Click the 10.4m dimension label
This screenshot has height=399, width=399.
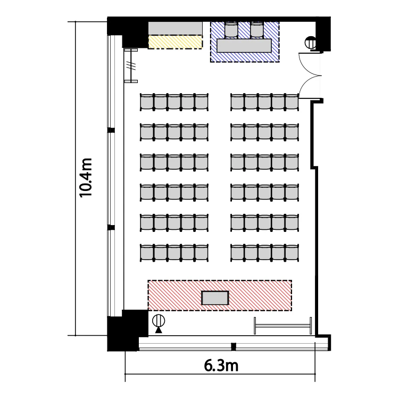(x=85, y=178)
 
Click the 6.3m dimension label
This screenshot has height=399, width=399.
(x=221, y=365)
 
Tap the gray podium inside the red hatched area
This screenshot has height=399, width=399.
(x=215, y=298)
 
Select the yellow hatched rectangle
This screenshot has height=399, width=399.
(x=175, y=42)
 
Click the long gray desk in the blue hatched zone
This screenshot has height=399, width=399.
(x=244, y=46)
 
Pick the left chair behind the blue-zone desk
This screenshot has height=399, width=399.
(x=231, y=30)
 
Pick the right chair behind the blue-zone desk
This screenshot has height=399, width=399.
(x=257, y=30)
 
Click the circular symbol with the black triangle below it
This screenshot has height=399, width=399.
(x=159, y=323)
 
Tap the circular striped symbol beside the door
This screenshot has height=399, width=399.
(x=311, y=43)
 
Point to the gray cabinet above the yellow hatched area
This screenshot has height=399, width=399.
(x=176, y=28)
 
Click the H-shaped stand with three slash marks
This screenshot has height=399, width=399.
(x=131, y=65)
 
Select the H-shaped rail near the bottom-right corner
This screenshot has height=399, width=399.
(x=282, y=326)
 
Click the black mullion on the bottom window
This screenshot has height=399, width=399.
(x=234, y=346)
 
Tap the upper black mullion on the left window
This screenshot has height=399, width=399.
(x=111, y=130)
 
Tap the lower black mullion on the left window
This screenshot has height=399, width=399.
(x=111, y=227)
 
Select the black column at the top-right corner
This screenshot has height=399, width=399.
(x=323, y=35)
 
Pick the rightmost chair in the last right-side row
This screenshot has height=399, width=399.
(x=292, y=102)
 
